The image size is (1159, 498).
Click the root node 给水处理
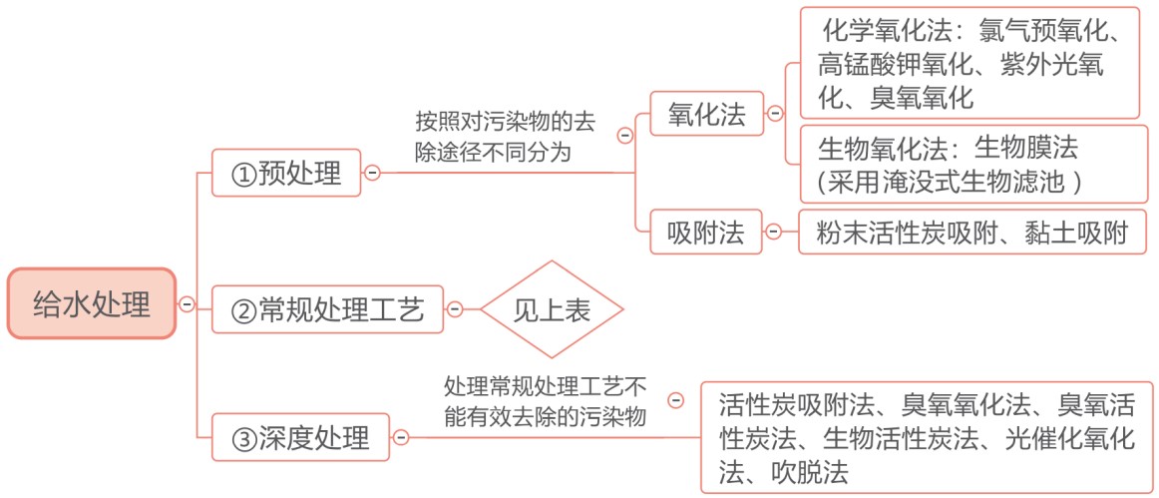pyautogui.click(x=92, y=304)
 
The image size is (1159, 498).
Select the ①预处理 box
pyautogui.click(x=286, y=174)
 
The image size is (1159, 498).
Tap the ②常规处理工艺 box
pyautogui.click(x=327, y=309)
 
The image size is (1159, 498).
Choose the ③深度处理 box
pyautogui.click(x=300, y=437)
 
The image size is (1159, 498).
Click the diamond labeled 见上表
pyautogui.click(x=552, y=309)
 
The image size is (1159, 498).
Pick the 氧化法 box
pyautogui.click(x=706, y=113)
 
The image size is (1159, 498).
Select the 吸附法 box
pyautogui.click(x=706, y=233)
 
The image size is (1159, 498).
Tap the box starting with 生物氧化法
pyautogui.click(x=973, y=164)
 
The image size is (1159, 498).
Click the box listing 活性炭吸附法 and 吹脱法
pyautogui.click(x=927, y=437)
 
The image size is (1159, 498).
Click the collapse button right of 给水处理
pyautogui.click(x=187, y=304)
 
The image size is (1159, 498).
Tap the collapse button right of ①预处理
pyautogui.click(x=372, y=174)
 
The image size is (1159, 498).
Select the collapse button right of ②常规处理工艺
pyautogui.click(x=455, y=309)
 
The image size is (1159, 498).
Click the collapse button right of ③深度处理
pyautogui.click(x=401, y=437)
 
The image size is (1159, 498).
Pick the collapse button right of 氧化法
pyautogui.click(x=775, y=113)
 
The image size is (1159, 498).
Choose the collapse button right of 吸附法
pyautogui.click(x=773, y=233)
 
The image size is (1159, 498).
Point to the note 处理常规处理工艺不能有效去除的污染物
pyautogui.click(x=545, y=402)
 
